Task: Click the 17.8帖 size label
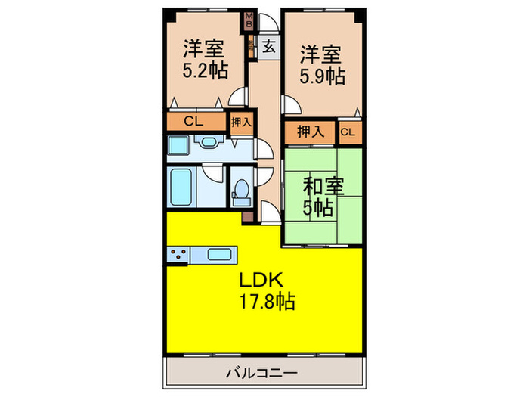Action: [x=264, y=301]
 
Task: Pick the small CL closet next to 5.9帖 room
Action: [x=347, y=132]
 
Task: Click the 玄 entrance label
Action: [x=268, y=47]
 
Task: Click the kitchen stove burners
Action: [x=178, y=254]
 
